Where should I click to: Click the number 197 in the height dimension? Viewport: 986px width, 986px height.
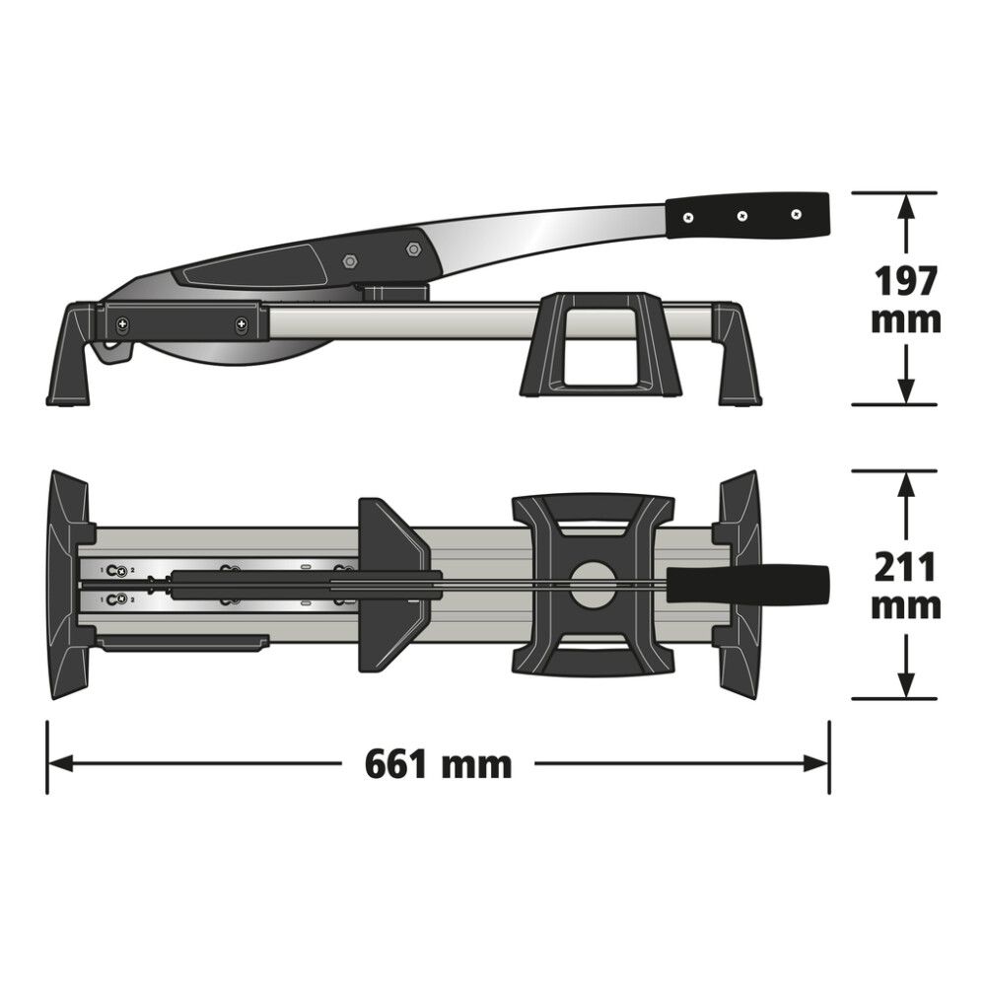pos(905,281)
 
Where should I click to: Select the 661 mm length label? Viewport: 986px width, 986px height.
pos(438,763)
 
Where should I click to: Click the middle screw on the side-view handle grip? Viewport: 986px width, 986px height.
pos(742,215)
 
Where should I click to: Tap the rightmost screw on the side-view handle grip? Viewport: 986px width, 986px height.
pos(797,214)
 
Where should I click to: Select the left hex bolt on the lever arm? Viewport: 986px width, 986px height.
pos(349,261)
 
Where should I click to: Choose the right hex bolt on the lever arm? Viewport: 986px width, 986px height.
pos(412,249)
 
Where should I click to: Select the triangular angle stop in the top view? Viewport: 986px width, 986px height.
pos(391,584)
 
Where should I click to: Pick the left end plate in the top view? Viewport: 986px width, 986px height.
pos(69,584)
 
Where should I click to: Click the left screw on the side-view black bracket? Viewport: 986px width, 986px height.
pos(122,322)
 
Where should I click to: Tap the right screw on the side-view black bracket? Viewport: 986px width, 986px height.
pos(241,322)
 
